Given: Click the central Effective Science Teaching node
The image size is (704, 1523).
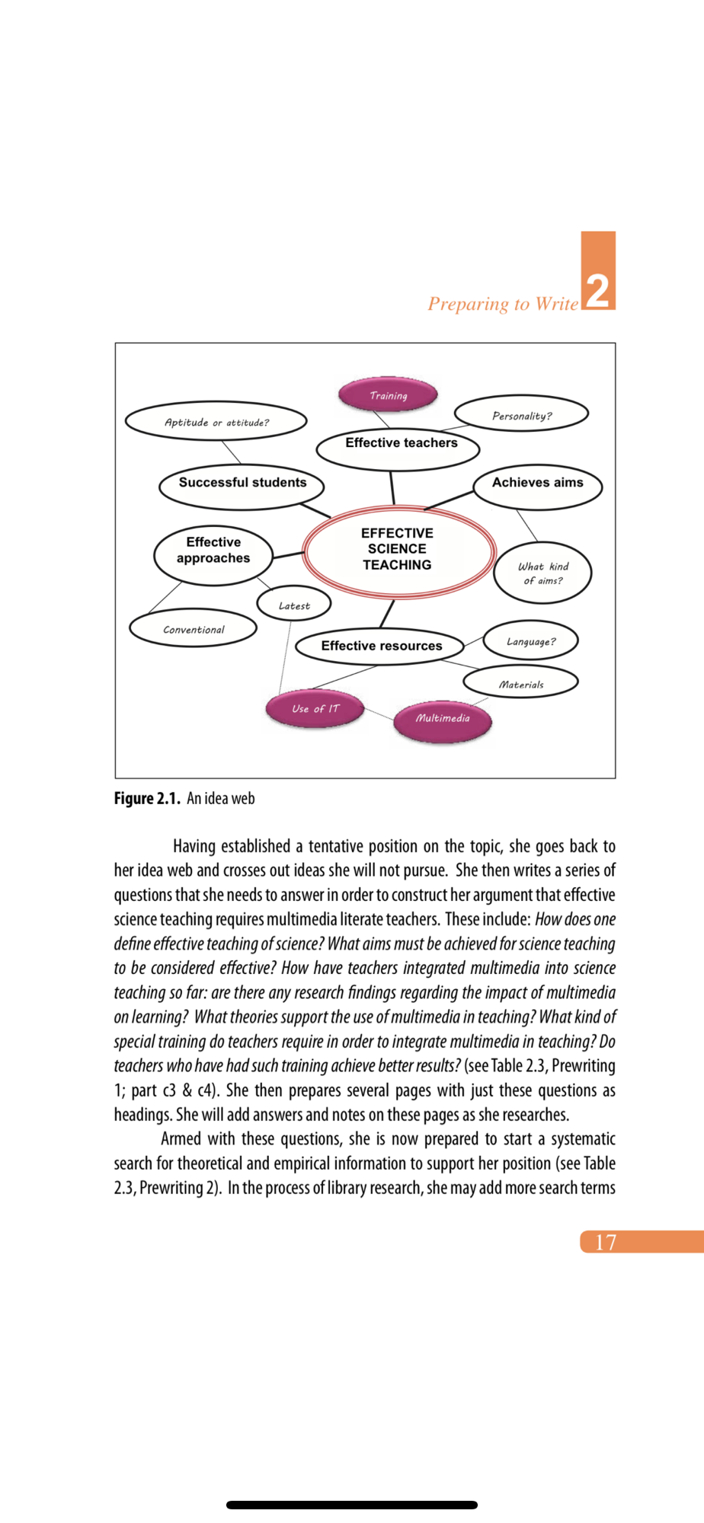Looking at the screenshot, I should tap(398, 550).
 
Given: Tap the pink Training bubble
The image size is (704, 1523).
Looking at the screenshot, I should tap(389, 395).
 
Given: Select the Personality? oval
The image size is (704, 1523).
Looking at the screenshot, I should tap(522, 415).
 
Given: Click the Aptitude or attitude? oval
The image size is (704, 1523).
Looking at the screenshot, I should tap(216, 422).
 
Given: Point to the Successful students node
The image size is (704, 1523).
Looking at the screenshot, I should tap(242, 484).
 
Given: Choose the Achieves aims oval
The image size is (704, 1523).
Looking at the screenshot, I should tap(538, 484).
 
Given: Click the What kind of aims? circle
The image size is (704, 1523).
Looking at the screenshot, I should tap(542, 573).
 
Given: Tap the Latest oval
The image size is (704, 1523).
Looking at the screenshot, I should tap(294, 605).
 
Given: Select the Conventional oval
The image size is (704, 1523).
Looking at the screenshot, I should tap(194, 629).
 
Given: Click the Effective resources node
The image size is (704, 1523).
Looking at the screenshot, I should tap(381, 646).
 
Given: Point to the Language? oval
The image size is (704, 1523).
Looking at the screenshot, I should tap(531, 641).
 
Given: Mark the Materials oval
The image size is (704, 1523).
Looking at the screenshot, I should tap(521, 683).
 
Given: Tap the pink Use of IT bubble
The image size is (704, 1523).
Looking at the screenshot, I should tap(315, 708).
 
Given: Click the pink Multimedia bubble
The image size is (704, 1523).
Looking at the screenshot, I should tap(443, 718).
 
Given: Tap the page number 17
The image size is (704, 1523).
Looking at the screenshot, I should tap(606, 1242).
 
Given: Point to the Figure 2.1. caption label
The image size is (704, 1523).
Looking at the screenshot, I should tap(147, 798).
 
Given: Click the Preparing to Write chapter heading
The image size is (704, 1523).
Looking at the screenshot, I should tap(503, 304).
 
